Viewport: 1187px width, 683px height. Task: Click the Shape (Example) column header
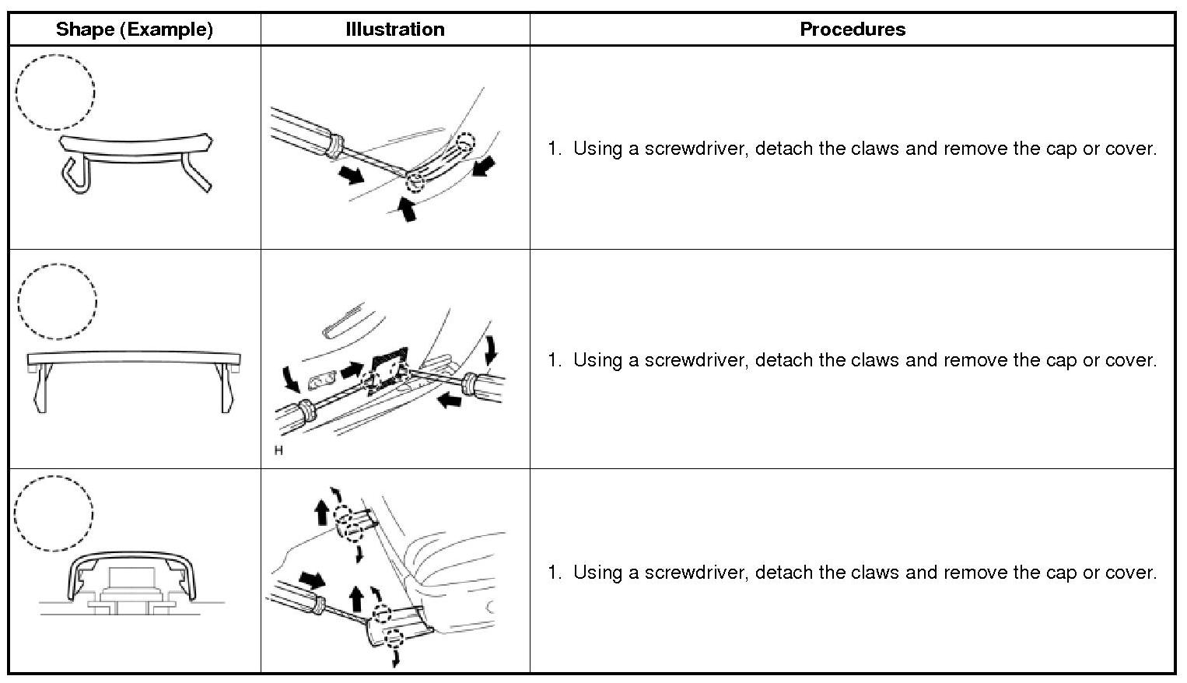click(134, 30)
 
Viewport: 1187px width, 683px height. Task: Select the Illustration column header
click(394, 30)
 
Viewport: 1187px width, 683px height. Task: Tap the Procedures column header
click(852, 30)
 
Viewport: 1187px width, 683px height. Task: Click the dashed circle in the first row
click(56, 92)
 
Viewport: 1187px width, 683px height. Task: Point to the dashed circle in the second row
click(57, 302)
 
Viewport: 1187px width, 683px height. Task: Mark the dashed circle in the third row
click(54, 513)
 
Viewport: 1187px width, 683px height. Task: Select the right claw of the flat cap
click(226, 389)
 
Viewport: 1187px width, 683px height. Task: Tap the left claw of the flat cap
click(40, 389)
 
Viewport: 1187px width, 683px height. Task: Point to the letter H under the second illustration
click(278, 450)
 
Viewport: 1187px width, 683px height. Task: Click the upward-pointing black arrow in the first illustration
click(406, 209)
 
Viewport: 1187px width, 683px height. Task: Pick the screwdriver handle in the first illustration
click(299, 131)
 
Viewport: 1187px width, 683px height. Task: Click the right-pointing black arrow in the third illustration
click(313, 580)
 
